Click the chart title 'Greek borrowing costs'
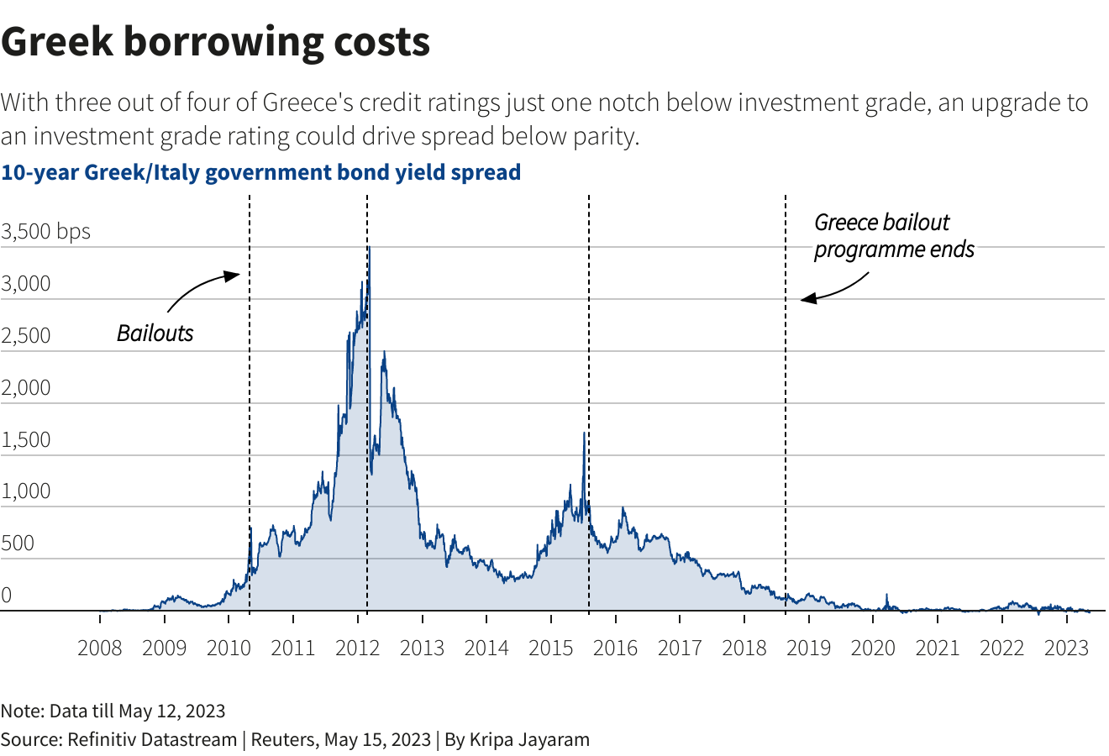tap(215, 42)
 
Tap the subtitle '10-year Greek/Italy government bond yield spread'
tap(260, 172)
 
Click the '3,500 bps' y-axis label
tap(45, 232)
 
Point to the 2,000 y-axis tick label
tap(25, 388)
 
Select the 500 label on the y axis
tap(18, 543)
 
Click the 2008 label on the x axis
tap(99, 648)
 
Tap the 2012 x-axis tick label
tap(357, 648)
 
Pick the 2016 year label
tap(615, 648)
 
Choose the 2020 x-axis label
tap(873, 648)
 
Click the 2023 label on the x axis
tap(1066, 648)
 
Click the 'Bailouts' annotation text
tap(155, 333)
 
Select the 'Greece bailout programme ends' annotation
tap(893, 236)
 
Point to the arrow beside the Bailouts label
tap(202, 288)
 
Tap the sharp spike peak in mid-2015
tap(584, 433)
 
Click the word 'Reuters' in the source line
tap(281, 740)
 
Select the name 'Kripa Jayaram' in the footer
tap(529, 740)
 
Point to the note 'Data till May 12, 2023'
tap(137, 711)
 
